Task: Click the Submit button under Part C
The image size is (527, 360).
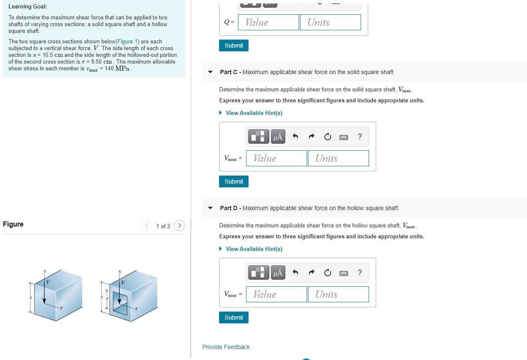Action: click(x=234, y=181)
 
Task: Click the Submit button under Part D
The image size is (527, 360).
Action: click(x=234, y=317)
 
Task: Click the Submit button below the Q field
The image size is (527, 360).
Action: click(x=234, y=45)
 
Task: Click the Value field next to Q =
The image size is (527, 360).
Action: click(x=269, y=22)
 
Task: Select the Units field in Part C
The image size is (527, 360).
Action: click(x=338, y=158)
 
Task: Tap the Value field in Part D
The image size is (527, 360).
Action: click(x=276, y=294)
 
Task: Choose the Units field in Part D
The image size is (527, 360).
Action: click(x=338, y=294)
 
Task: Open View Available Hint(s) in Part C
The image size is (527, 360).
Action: click(x=254, y=113)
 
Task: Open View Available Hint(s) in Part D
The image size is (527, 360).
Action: click(x=254, y=249)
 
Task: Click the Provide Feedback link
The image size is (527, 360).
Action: click(x=226, y=347)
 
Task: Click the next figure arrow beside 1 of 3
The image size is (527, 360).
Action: click(x=179, y=226)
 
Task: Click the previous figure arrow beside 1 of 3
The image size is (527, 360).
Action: click(x=147, y=226)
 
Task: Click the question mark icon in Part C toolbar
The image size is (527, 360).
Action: click(x=359, y=136)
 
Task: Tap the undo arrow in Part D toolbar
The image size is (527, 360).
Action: click(x=295, y=273)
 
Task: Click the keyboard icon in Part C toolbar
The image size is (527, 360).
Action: click(x=344, y=137)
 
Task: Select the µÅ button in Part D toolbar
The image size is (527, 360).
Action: click(x=278, y=273)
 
